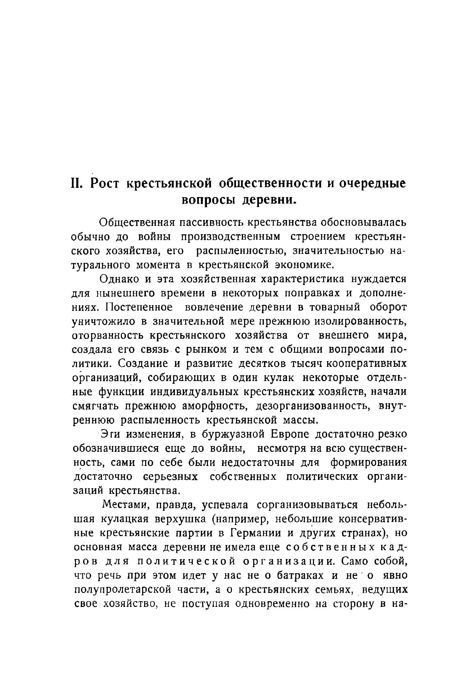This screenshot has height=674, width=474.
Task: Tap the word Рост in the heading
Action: (105, 184)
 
